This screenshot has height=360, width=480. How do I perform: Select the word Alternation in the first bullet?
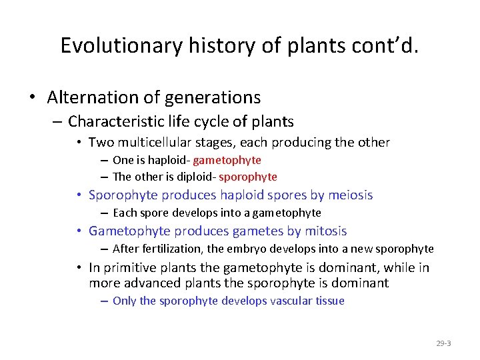93,97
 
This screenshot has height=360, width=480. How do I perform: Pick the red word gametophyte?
227,160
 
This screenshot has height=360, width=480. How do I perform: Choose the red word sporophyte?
248,177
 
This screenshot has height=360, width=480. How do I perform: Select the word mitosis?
324,231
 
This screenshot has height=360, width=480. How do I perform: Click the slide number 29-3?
443,343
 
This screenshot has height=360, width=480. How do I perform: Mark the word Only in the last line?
125,301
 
